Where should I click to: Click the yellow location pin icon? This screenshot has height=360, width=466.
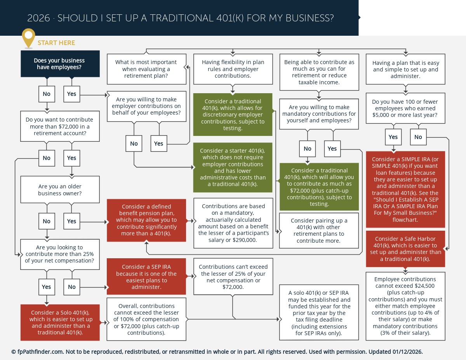[x=28, y=37]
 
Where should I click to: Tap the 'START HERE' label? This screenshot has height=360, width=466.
[x=56, y=43]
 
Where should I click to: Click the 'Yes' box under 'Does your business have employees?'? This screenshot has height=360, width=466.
[x=71, y=94]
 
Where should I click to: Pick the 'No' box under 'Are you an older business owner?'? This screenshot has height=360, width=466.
[x=47, y=221]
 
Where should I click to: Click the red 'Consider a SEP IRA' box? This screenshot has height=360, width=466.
[x=146, y=277]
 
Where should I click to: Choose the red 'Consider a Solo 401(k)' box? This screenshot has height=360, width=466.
[x=60, y=322]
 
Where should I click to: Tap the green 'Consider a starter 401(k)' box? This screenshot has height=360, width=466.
[x=233, y=167]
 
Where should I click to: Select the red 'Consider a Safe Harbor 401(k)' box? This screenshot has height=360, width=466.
[x=405, y=249]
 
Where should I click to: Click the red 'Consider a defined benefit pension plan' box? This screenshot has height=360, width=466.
[x=146, y=220]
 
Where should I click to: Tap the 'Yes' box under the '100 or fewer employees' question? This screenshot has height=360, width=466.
[x=393, y=137]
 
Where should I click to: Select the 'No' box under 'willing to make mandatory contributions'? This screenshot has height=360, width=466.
[x=308, y=149]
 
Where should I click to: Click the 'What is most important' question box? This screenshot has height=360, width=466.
[x=146, y=69]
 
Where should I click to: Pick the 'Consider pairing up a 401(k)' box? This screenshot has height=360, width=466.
[x=319, y=230]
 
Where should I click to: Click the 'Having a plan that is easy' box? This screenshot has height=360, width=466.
[x=405, y=70]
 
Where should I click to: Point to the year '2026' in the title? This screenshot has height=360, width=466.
[x=38, y=18]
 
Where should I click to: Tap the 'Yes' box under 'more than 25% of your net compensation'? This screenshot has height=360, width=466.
[x=47, y=287]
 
